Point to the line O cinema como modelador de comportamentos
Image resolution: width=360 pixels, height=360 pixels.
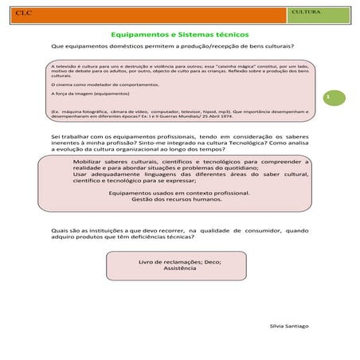click(104, 84)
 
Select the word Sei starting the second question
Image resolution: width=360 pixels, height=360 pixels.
click(54, 137)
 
